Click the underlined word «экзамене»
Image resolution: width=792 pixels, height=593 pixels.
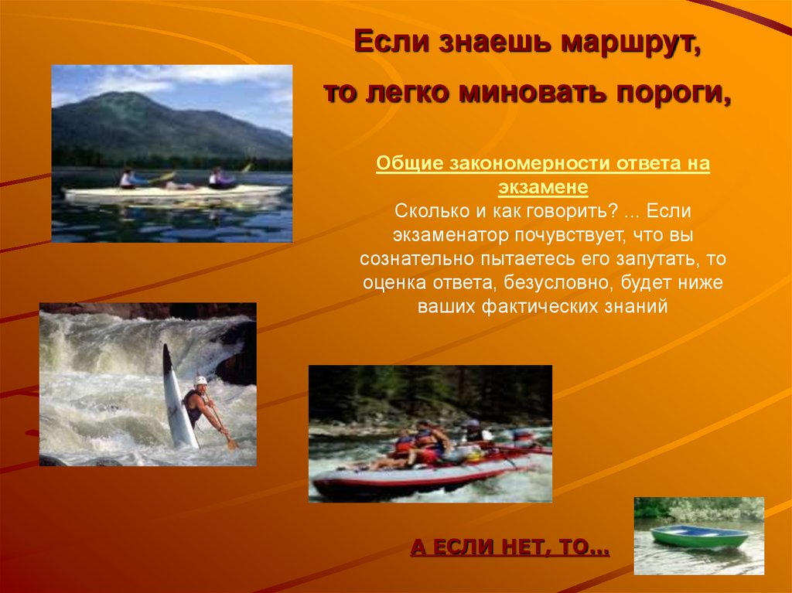[542, 187]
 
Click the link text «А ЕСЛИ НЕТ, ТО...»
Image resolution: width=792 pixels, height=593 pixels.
[510, 549]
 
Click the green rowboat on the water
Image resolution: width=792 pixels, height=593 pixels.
[699, 537]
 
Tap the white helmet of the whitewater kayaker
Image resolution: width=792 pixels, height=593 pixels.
[201, 381]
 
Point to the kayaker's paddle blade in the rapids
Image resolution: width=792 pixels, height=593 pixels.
[230, 443]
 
